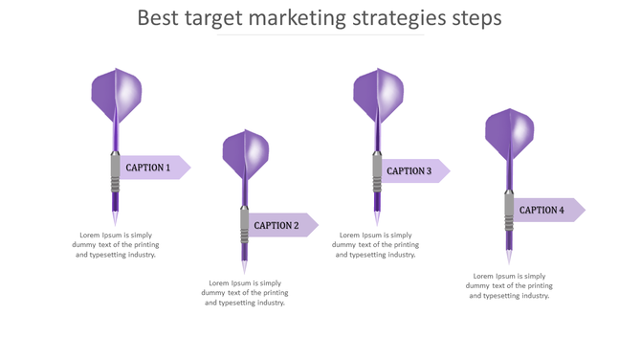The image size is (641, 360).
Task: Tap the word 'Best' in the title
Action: pos(158,18)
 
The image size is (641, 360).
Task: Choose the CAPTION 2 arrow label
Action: pos(279,226)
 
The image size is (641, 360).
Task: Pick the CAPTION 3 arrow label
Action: pos(412,171)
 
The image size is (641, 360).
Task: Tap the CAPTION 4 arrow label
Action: pos(545,210)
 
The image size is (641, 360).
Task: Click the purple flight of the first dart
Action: pos(116,95)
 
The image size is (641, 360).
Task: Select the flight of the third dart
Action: pos(378,96)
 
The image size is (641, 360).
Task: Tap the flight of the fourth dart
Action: pos(509,134)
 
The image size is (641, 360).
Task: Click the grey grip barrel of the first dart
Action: pos(116,173)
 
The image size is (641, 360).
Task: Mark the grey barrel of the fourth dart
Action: pos(510,212)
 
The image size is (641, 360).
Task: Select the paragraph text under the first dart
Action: pos(116,245)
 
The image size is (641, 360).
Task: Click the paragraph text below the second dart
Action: pos(245,293)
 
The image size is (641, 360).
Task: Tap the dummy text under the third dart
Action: pos(376,245)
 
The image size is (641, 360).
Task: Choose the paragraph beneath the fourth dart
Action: pos(509,285)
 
